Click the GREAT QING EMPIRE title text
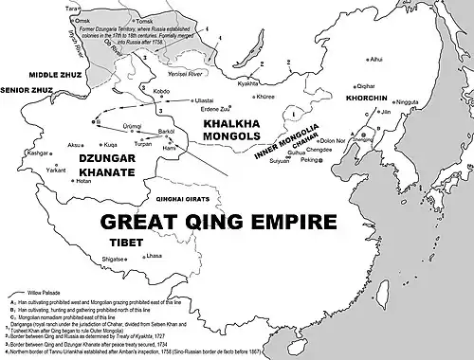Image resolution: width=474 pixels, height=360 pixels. coord(219,197)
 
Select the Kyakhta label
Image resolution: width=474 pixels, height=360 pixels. coord(248,84)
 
